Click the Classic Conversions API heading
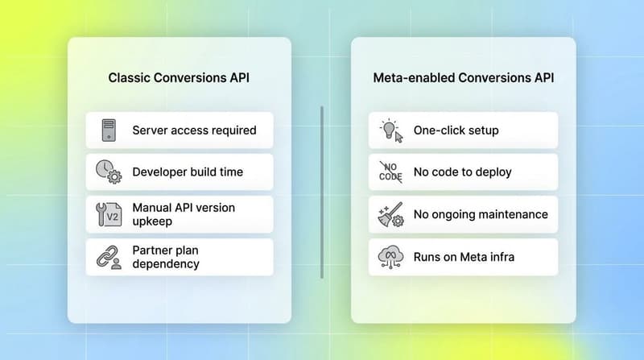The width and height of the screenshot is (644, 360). point(179,78)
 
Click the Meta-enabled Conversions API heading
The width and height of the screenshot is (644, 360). point(463,78)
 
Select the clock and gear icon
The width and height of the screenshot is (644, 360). point(108,172)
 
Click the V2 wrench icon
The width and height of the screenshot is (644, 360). point(109,214)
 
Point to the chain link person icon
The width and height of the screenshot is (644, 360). point(109,257)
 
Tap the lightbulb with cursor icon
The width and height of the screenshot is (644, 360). point(390,130)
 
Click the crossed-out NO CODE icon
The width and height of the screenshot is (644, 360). point(390,172)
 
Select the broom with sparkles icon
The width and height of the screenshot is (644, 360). point(390,214)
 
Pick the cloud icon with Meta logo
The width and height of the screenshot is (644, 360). point(390,257)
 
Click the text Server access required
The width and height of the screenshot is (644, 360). point(194,130)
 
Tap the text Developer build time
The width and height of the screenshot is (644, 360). point(188,172)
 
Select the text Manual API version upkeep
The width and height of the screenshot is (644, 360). point(184,214)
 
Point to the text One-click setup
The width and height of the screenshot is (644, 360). point(456,130)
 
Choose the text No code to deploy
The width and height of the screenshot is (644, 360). point(462,172)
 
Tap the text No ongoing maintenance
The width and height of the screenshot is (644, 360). point(481,214)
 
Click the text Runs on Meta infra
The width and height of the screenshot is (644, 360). point(464,257)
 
